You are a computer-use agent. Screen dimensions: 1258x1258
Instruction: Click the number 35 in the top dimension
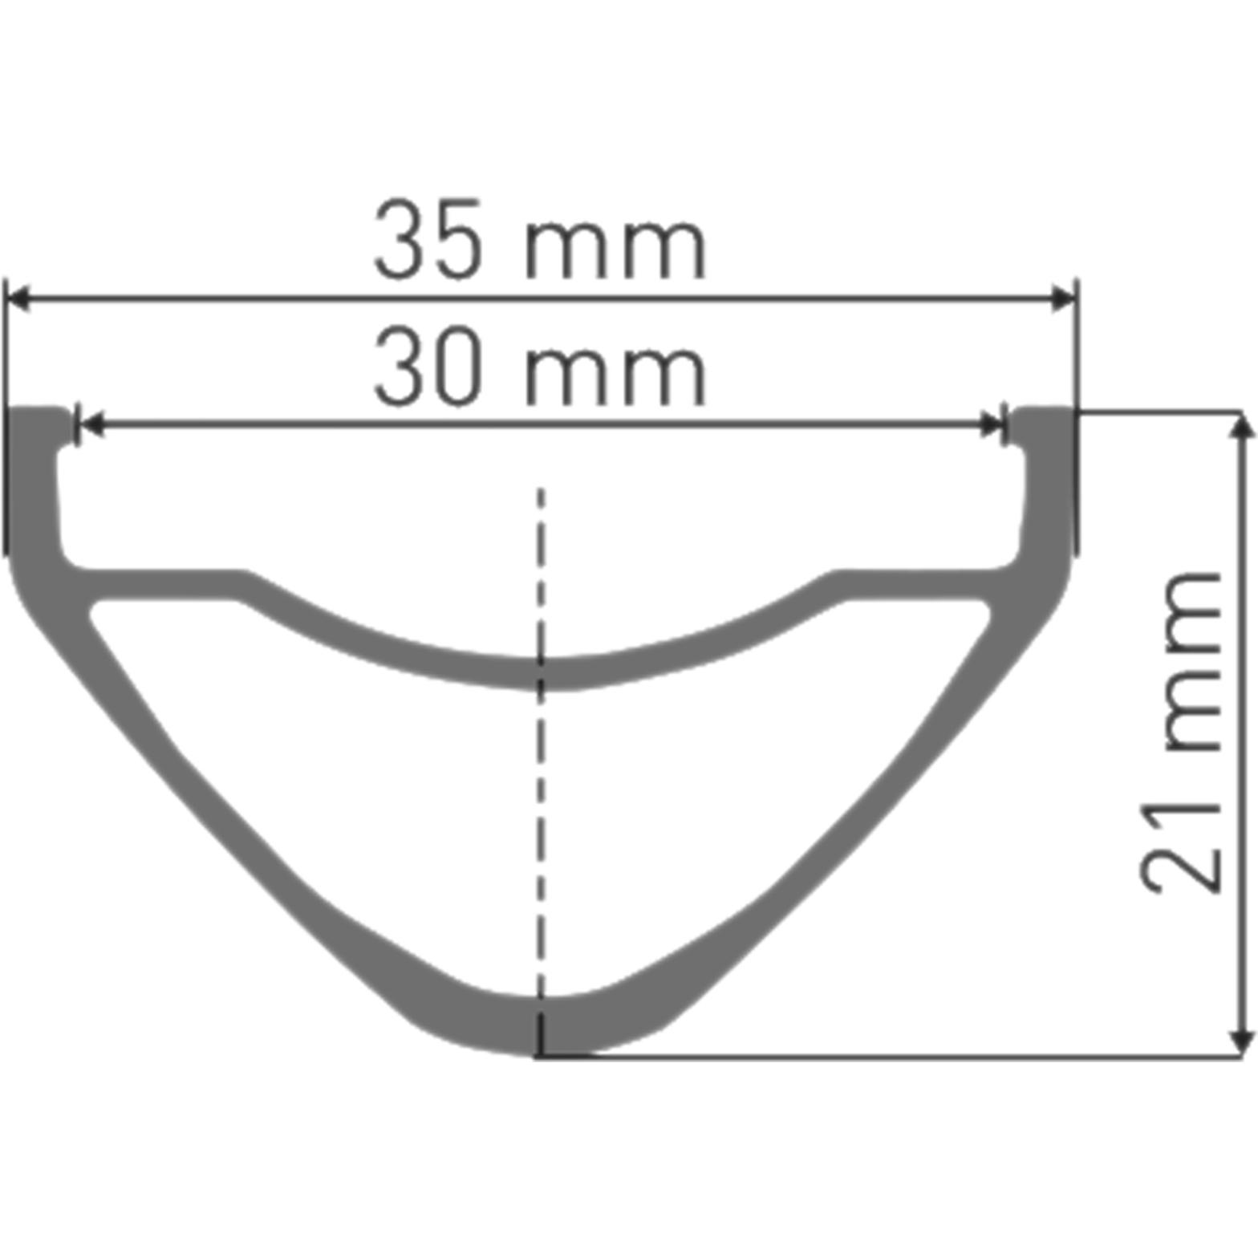tap(428, 239)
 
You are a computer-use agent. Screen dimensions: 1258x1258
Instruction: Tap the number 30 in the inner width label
tap(428, 365)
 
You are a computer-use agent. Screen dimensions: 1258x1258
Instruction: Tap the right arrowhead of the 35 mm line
tap(1064, 298)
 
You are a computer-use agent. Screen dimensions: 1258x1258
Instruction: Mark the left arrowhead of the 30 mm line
tap(91, 424)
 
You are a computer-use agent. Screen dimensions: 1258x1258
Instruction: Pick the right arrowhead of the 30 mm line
tap(992, 424)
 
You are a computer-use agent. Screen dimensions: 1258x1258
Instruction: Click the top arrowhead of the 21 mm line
tap(1241, 426)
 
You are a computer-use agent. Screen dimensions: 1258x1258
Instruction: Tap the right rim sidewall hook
tap(1041, 433)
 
